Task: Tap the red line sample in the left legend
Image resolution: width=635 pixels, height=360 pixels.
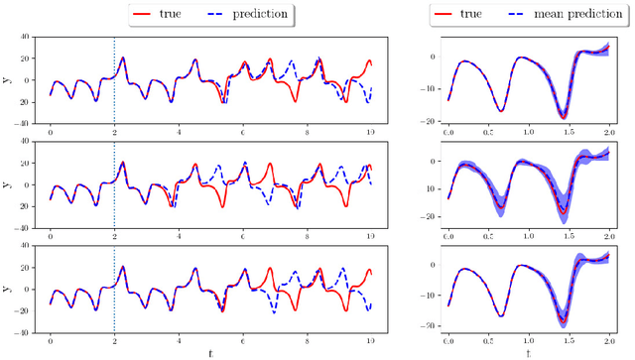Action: (152, 15)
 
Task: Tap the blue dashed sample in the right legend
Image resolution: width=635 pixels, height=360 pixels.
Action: (519, 15)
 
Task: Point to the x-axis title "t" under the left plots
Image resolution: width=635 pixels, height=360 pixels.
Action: (210, 351)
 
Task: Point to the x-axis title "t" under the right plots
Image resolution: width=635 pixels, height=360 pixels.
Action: (529, 351)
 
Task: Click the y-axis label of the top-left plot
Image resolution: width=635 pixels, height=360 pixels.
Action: (7, 80)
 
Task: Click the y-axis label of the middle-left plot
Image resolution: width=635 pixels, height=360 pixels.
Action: (7, 183)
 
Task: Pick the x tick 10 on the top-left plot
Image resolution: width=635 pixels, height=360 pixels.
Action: (371, 133)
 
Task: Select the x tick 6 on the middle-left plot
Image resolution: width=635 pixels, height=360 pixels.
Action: (243, 236)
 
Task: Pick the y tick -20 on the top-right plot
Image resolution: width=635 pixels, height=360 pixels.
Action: (431, 122)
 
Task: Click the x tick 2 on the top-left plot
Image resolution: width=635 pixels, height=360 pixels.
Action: (114, 133)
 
